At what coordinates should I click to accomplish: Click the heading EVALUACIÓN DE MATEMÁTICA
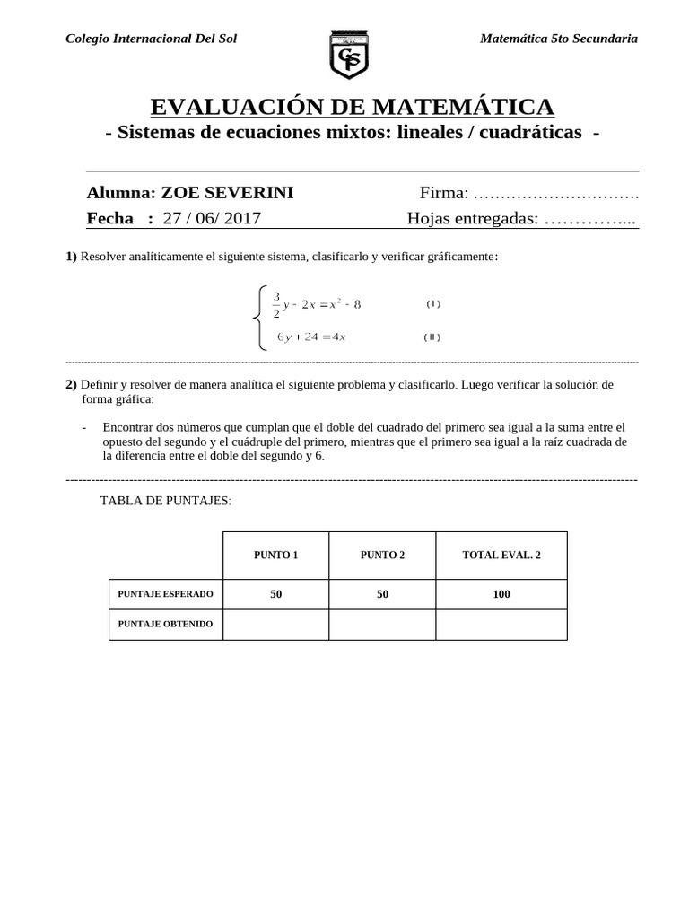coord(352,107)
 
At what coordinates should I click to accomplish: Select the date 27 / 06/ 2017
coord(213,218)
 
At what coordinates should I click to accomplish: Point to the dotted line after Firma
coord(555,194)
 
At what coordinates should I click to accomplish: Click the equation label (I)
coord(433,304)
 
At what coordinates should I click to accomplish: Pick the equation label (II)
coord(432,337)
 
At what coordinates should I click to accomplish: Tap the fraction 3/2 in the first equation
coord(276,304)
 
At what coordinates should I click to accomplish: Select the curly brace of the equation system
coord(258,317)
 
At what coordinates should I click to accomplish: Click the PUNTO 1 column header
coord(275,556)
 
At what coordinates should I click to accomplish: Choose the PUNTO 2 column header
coord(382,556)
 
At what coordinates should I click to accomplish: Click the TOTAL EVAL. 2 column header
coord(501,556)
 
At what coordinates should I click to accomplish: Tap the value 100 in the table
coord(501,594)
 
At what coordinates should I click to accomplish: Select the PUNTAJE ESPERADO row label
coord(166,594)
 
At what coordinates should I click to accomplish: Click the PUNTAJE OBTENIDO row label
coord(166,624)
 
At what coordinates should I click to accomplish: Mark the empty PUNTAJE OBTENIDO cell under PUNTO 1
coord(275,625)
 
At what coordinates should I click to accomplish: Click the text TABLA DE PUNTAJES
coord(166,501)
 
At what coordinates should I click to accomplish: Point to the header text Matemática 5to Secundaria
coord(559,39)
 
